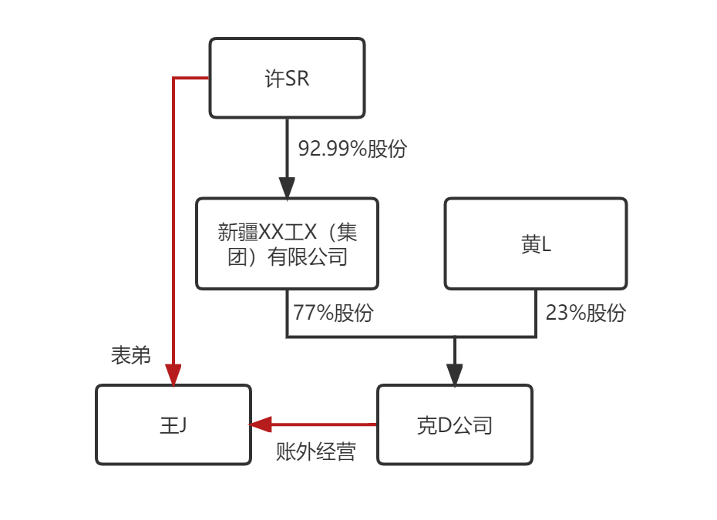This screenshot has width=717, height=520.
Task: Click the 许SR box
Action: coord(287,78)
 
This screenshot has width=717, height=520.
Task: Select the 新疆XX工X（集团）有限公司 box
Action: coord(287,243)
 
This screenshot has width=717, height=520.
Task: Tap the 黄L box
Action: coord(536,243)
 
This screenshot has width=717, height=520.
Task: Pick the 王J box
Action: coord(173,424)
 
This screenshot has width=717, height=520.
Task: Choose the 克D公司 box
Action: coord(454,424)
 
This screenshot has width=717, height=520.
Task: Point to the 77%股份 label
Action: coord(333,314)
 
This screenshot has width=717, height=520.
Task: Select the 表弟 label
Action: coord(130,356)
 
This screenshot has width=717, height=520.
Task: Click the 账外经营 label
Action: coord(315,452)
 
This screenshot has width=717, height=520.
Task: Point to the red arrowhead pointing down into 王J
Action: coord(173,375)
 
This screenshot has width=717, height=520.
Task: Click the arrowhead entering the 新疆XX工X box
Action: coord(287,187)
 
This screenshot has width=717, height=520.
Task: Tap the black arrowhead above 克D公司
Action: coord(454,374)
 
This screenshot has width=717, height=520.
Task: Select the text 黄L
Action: coord(536,245)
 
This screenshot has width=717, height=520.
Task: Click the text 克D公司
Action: coord(454,425)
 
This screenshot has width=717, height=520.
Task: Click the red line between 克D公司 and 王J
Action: coord(324,424)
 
